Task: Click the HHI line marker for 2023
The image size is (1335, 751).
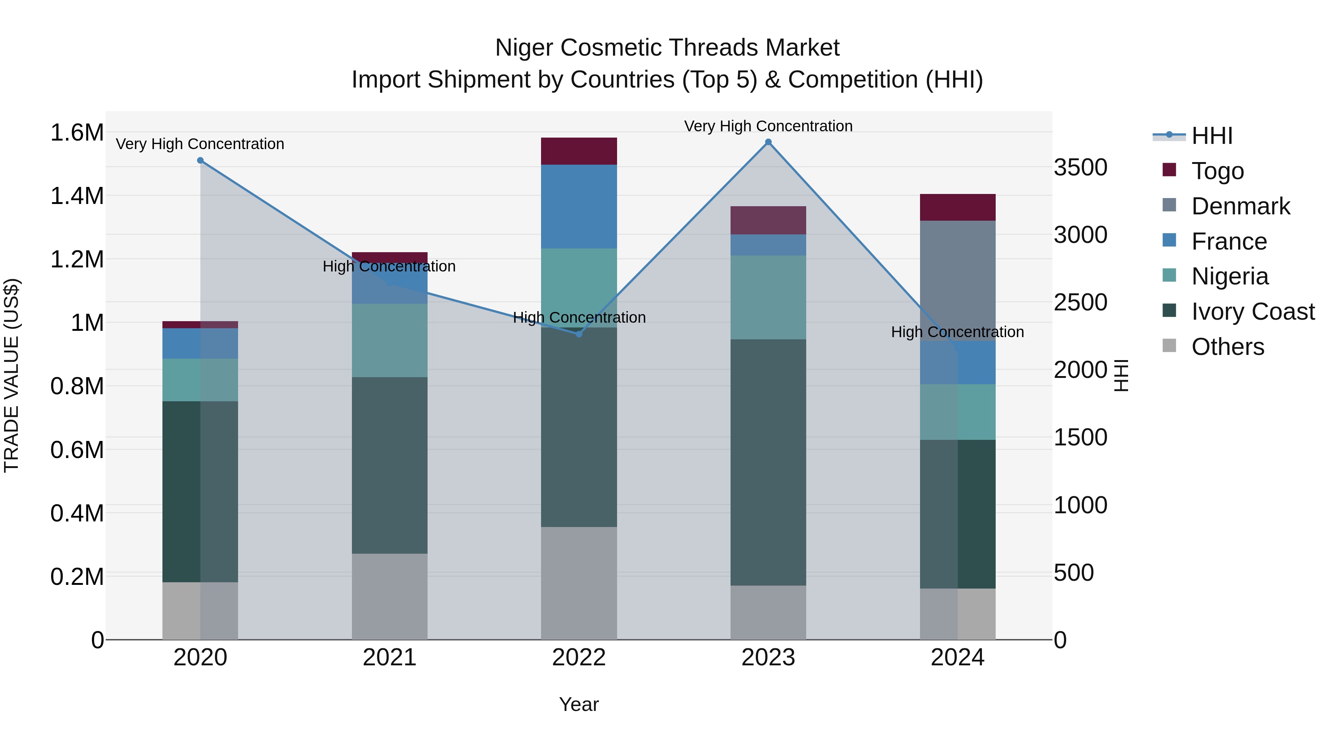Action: (768, 142)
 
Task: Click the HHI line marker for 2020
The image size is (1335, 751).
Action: (201, 161)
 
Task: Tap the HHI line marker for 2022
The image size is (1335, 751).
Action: (579, 334)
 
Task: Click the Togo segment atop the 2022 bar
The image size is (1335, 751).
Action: (579, 151)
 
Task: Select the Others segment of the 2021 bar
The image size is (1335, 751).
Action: (389, 596)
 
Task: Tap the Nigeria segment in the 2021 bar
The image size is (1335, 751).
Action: (389, 340)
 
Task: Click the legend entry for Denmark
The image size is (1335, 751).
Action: (1240, 206)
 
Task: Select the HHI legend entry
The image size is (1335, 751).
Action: (1211, 136)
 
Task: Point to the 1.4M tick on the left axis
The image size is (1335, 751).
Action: (77, 196)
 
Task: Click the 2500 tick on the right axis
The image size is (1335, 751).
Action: (1081, 302)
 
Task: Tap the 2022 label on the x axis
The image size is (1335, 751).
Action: (579, 658)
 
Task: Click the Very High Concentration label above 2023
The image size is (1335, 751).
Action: (768, 126)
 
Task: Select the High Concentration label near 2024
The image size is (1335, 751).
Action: (957, 332)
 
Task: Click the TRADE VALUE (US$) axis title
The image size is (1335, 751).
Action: (12, 375)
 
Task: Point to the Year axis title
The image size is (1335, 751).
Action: (579, 704)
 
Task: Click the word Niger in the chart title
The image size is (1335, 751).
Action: (524, 48)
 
